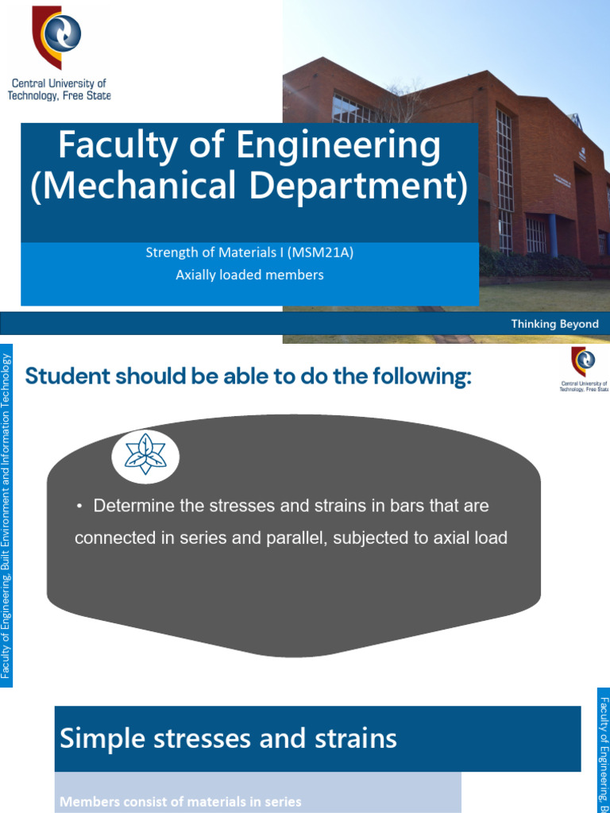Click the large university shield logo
click(x=56, y=37)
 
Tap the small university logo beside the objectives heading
click(x=584, y=361)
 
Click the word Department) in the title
click(x=359, y=186)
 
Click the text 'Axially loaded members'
click(x=249, y=275)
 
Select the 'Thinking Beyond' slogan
click(x=554, y=324)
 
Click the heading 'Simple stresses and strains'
click(x=228, y=738)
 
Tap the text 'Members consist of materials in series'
click(x=180, y=802)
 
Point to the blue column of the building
click(x=553, y=235)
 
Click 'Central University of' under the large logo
click(x=59, y=83)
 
